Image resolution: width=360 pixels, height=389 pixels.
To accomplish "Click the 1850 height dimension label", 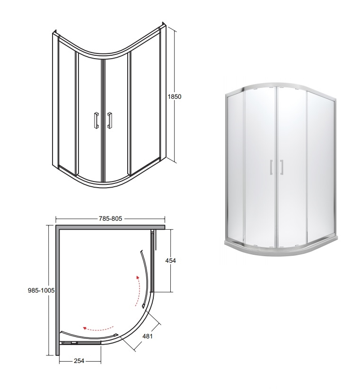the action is point(175,96).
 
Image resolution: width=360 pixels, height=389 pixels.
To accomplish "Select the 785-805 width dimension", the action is point(111,218).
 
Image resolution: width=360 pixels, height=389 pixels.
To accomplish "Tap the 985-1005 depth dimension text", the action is point(41,290).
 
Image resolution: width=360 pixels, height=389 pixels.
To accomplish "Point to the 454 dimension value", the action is point(171,260).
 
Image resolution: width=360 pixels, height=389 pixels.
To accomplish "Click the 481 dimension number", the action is point(148,336).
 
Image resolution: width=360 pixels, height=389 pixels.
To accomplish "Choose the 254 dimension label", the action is point(79,361).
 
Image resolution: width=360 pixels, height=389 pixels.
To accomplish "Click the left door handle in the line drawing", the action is point(97,121).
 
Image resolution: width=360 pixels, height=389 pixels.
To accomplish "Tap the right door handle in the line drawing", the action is point(109,121).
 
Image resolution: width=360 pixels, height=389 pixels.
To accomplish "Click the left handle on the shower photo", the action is point(271,167).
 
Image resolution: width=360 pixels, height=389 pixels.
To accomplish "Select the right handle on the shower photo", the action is point(282,167).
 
